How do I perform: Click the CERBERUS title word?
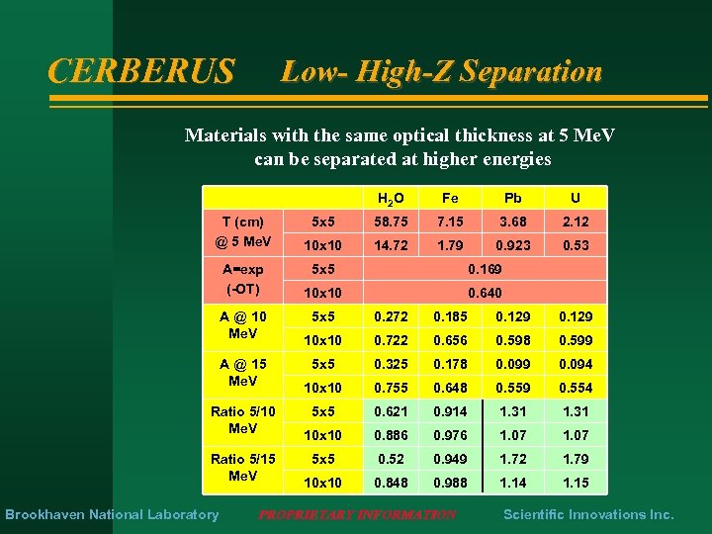pyautogui.click(x=141, y=71)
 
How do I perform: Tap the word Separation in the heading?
pyautogui.click(x=531, y=71)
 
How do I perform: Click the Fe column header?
pyautogui.click(x=450, y=199)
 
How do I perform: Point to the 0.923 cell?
pyautogui.click(x=513, y=245)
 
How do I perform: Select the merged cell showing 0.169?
pyautogui.click(x=484, y=269)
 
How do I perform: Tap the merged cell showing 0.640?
pyautogui.click(x=484, y=293)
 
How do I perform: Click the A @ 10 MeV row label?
pyautogui.click(x=243, y=325)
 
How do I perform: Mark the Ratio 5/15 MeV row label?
pyautogui.click(x=243, y=468)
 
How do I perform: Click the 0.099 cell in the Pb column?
pyautogui.click(x=513, y=364)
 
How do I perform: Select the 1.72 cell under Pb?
pyautogui.click(x=513, y=459)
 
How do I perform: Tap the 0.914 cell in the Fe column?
pyautogui.click(x=450, y=411)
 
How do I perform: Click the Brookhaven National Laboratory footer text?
pyautogui.click(x=112, y=514)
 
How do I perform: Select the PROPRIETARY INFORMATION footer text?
pyautogui.click(x=357, y=515)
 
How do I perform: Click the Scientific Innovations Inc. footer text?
pyautogui.click(x=588, y=514)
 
